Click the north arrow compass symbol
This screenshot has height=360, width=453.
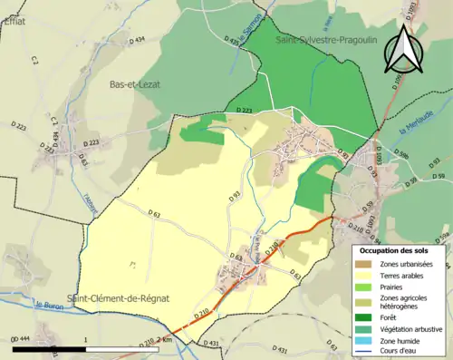click(x=402, y=50)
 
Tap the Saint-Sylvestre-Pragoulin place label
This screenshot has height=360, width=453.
click(x=327, y=40)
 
